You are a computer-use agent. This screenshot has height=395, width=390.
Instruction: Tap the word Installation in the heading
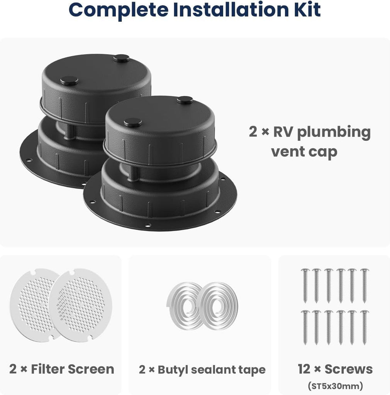(x=231, y=9)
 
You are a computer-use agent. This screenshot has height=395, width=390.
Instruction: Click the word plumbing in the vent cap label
(x=334, y=133)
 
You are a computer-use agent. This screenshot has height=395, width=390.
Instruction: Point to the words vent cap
(x=304, y=152)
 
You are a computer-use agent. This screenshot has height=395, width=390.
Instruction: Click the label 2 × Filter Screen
(x=61, y=369)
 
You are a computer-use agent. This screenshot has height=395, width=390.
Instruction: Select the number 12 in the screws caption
(x=304, y=369)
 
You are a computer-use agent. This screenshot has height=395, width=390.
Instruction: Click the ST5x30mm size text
(x=335, y=386)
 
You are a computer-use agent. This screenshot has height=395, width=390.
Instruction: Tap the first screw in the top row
(x=305, y=286)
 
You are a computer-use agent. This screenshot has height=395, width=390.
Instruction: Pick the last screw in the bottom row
(x=364, y=327)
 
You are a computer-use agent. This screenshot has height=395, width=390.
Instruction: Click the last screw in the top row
(x=364, y=286)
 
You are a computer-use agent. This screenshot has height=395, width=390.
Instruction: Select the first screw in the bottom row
(x=305, y=327)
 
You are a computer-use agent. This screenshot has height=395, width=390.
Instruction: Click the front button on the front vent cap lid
(x=132, y=122)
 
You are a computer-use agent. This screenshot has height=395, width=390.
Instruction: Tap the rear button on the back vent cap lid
(x=121, y=59)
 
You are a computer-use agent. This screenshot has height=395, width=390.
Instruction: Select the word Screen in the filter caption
(x=91, y=369)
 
